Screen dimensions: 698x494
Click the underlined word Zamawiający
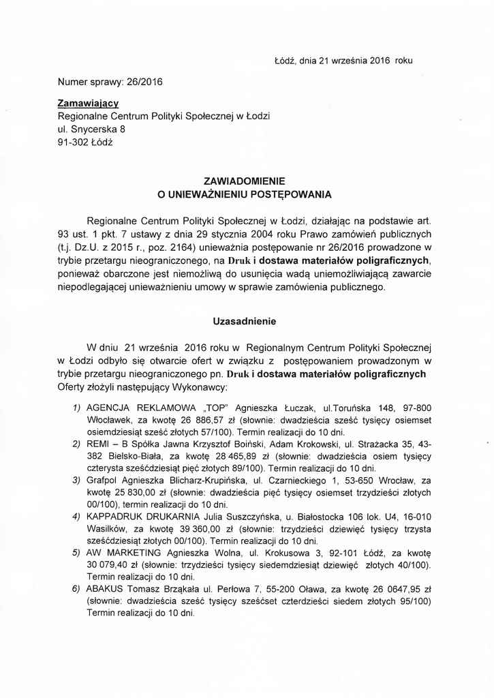click(x=89, y=103)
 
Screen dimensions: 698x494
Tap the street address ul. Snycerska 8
click(x=91, y=128)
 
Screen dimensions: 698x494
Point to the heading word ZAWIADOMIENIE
click(x=244, y=181)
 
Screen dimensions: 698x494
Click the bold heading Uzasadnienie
click(x=244, y=320)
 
